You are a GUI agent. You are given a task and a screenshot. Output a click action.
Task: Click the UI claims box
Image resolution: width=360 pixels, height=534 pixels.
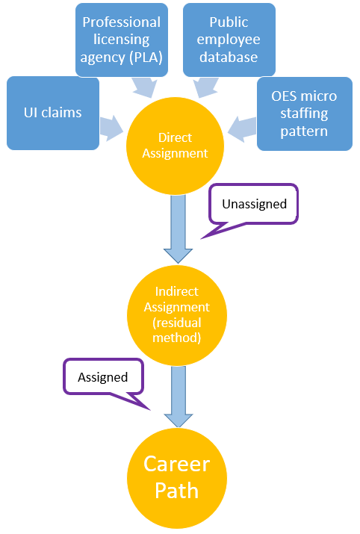tap(53, 113)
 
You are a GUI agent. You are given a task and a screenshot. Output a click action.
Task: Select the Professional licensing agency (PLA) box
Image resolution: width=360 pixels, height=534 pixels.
tap(122, 40)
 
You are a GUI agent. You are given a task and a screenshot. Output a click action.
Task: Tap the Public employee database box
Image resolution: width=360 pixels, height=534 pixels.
tap(229, 40)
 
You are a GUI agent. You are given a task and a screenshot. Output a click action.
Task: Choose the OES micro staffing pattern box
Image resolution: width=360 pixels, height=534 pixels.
tap(305, 114)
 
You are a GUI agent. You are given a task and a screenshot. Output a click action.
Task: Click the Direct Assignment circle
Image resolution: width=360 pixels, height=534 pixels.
tap(175, 146)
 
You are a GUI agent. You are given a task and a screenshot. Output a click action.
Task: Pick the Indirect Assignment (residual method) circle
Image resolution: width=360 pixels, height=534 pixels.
tap(177, 315)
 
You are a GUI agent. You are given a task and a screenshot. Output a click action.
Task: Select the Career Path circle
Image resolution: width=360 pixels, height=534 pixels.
tap(177, 478)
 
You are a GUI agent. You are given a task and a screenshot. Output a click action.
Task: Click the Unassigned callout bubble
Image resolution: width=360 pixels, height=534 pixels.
tap(254, 205)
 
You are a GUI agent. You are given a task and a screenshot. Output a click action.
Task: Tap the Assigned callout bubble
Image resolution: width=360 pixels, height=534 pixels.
tap(103, 377)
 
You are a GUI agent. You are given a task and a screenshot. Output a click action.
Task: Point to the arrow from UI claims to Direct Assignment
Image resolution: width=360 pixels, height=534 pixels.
tap(111, 128)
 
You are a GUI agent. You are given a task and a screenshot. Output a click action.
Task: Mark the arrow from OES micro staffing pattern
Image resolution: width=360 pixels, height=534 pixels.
tap(242, 128)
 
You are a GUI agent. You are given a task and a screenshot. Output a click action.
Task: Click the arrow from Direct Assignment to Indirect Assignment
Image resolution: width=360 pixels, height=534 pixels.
tap(178, 229)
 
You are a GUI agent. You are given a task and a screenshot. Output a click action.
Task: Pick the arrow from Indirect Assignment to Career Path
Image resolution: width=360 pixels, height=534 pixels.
tap(179, 397)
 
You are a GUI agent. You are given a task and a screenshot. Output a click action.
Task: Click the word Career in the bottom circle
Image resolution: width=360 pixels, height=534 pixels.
tap(177, 464)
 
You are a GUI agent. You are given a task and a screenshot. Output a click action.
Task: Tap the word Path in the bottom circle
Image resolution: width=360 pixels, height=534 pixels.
tap(177, 491)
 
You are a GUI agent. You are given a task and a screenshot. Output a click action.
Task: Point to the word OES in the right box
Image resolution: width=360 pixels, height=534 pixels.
tap(285, 96)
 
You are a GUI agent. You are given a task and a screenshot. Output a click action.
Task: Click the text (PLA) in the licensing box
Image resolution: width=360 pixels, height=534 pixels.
tap(146, 58)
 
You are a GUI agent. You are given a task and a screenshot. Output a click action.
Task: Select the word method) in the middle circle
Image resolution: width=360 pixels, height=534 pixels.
tap(177, 338)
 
